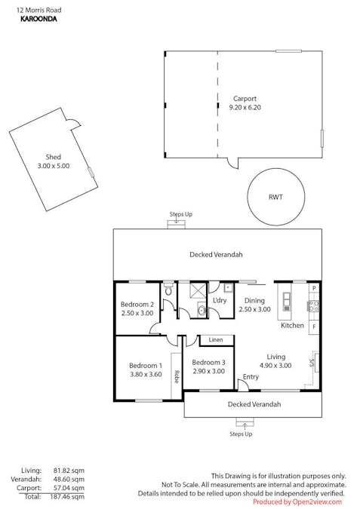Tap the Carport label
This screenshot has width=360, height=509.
[x=245, y=98]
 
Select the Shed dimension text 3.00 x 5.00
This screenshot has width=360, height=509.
[x=53, y=166]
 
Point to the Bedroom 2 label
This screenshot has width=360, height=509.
[x=137, y=304]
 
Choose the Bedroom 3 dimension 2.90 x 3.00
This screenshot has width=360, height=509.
[x=208, y=371]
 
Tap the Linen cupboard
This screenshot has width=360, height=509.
[x=216, y=340]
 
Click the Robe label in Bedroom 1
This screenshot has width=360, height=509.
[x=176, y=374]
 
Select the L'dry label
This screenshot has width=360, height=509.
[x=220, y=300]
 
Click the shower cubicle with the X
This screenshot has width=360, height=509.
[x=198, y=291]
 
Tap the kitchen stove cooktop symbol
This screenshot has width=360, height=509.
[x=312, y=305]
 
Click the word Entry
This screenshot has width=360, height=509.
[x=251, y=377]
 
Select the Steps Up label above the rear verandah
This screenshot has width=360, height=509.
[x=180, y=214]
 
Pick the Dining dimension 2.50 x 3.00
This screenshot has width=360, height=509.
[x=254, y=309]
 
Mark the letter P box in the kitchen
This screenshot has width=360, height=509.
[x=314, y=289]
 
